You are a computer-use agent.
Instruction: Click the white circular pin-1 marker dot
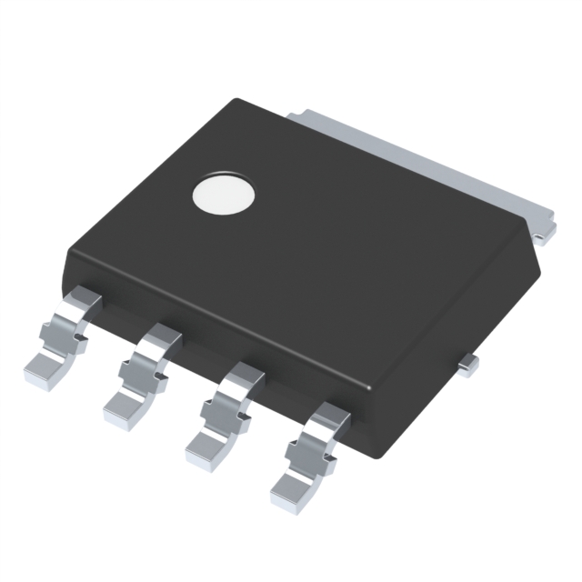coord(223,194)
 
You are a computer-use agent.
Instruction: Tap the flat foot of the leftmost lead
coord(41,367)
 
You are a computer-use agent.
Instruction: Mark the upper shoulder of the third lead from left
coord(246,376)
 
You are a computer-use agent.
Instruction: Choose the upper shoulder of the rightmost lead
coord(330,418)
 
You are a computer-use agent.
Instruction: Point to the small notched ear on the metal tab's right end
coord(543,235)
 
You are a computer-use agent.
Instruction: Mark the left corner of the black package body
coord(65,259)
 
